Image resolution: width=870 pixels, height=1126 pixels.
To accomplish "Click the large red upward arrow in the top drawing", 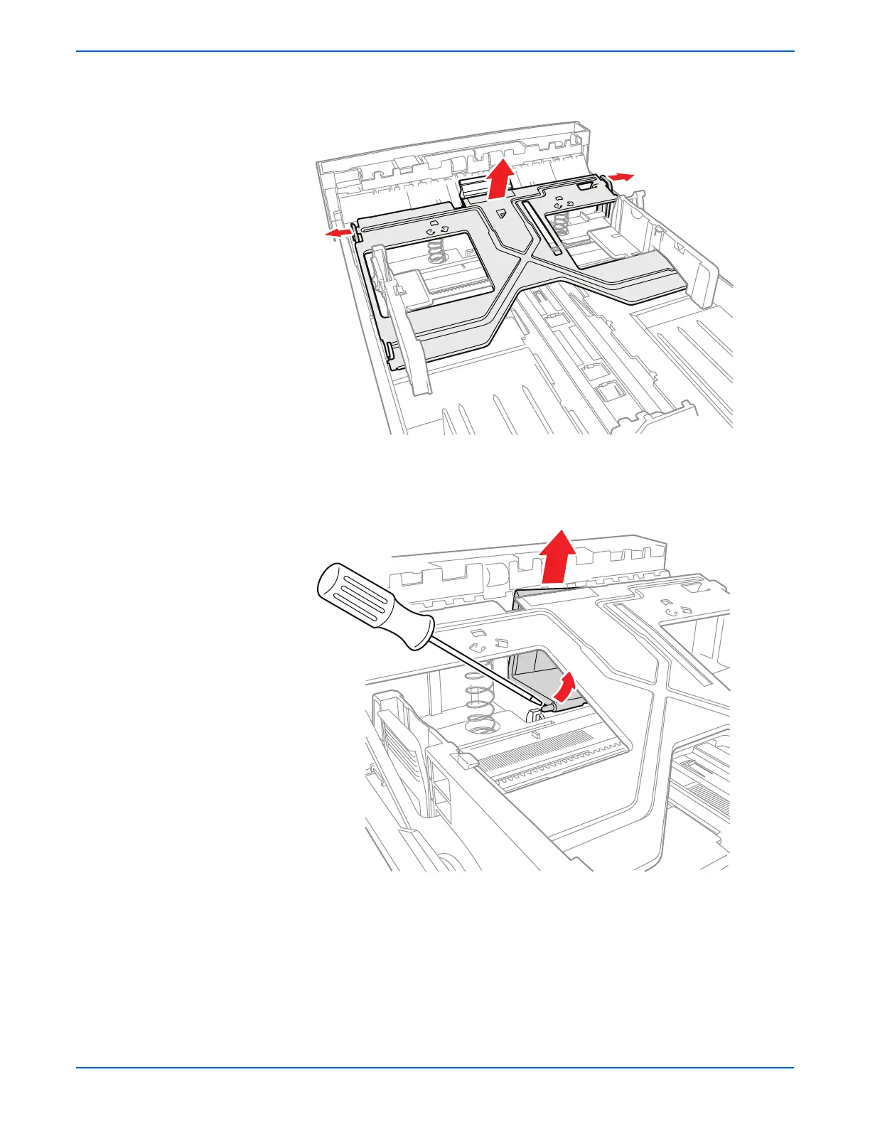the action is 502,180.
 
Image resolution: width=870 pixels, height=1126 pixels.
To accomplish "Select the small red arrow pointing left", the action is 338,232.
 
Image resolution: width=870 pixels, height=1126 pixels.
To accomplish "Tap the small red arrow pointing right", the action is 620,176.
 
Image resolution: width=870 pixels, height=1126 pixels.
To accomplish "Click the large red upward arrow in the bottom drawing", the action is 558,557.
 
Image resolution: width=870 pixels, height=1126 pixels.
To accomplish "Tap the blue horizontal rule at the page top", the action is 435,51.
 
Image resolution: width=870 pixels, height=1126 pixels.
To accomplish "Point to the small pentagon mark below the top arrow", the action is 500,213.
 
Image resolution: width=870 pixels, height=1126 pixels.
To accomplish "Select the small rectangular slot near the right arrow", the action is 585,186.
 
